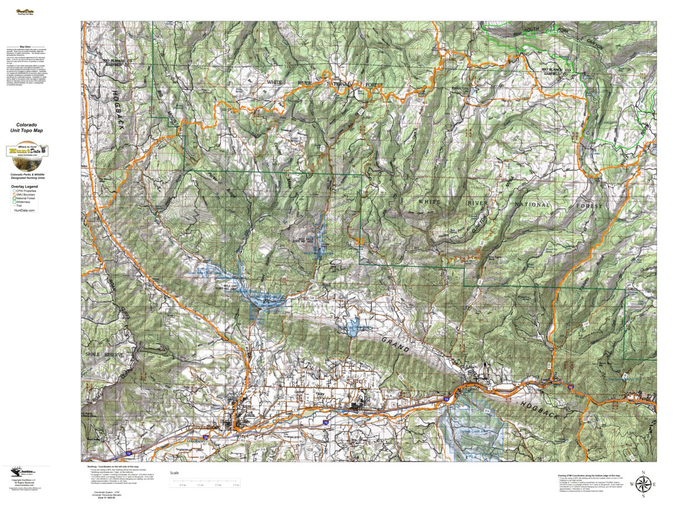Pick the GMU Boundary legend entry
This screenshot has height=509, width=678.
click(x=26, y=195)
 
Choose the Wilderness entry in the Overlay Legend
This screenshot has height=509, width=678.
click(x=23, y=203)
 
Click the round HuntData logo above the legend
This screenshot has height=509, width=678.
click(x=27, y=157)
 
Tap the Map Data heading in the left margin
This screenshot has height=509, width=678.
click(x=25, y=48)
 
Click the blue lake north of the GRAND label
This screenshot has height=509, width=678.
click(x=351, y=324)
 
